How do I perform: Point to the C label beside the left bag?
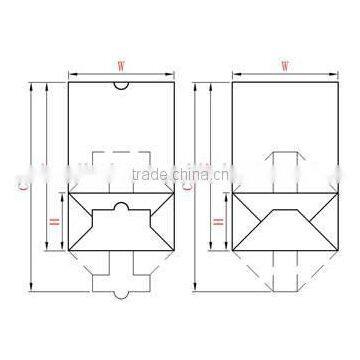(22, 186)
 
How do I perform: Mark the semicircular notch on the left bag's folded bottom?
(119, 207)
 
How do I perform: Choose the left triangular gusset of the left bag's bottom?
(80, 229)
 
